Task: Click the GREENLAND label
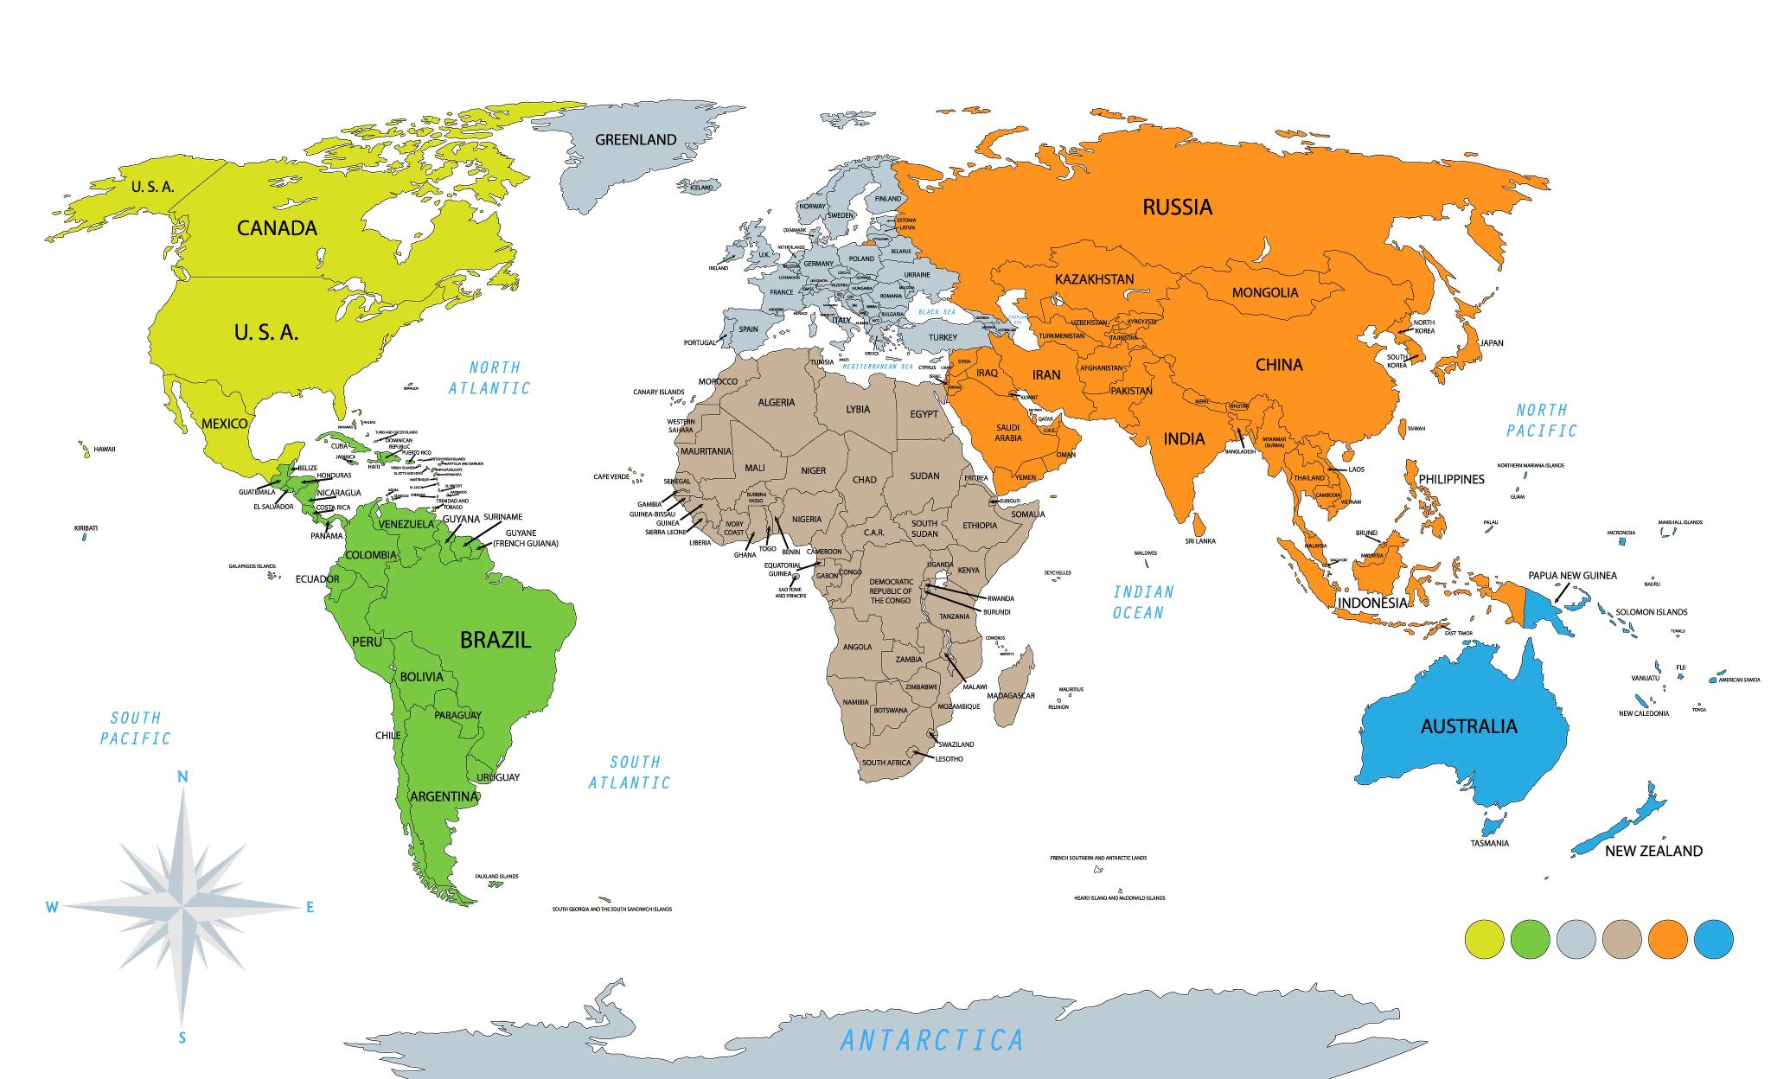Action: (x=636, y=139)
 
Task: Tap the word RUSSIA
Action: (x=1177, y=207)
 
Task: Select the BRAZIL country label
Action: (x=495, y=640)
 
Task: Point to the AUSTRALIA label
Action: (x=1468, y=726)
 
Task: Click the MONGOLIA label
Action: (x=1264, y=293)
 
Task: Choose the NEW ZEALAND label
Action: (x=1653, y=851)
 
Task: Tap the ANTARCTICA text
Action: (x=932, y=1040)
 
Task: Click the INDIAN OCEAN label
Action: (x=1142, y=602)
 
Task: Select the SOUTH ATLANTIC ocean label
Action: (x=631, y=772)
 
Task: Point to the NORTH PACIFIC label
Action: (x=1541, y=420)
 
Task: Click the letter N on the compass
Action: (x=182, y=776)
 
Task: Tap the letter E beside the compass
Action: (x=310, y=907)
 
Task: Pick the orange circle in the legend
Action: (x=1667, y=939)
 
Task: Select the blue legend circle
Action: (x=1713, y=939)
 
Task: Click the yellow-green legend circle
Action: (x=1484, y=939)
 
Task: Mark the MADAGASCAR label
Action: (x=1011, y=696)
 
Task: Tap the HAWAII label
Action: (x=105, y=450)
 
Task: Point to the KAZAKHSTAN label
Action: (x=1094, y=279)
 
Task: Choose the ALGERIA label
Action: (x=776, y=403)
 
